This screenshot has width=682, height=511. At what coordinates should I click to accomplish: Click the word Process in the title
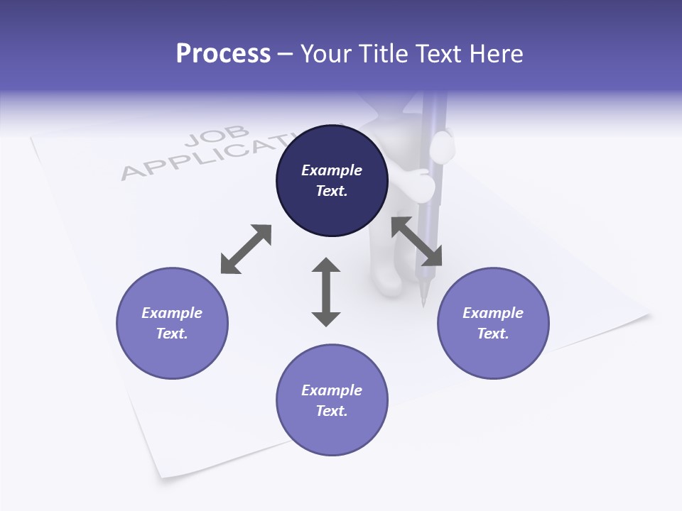[223, 54]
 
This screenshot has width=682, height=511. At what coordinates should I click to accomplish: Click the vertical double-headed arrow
[326, 292]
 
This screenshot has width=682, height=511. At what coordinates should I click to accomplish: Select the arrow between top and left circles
[246, 249]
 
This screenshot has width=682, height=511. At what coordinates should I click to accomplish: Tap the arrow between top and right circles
[417, 241]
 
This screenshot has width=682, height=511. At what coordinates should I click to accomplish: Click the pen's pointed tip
[423, 304]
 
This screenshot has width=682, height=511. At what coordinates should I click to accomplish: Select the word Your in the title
[326, 54]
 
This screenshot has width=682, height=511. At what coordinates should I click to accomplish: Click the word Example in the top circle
[332, 170]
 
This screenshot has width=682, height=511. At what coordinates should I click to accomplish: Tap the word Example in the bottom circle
[332, 390]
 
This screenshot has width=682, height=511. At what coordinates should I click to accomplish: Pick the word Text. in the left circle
[172, 334]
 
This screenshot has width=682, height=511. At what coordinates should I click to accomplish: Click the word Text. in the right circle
[493, 334]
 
